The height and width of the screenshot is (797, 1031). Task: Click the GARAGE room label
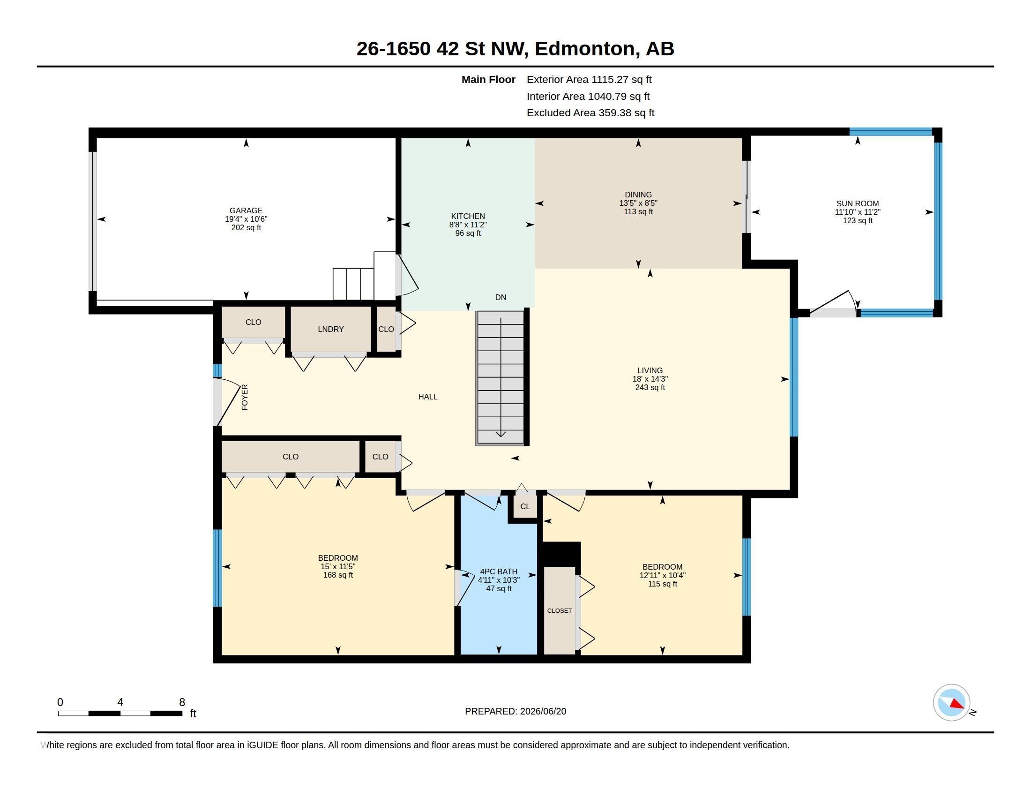(246, 211)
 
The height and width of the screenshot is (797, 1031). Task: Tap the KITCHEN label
(468, 216)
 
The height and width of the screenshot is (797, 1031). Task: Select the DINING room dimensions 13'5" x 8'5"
(638, 203)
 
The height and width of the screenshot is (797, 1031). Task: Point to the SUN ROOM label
(857, 203)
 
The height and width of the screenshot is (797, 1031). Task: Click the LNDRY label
(330, 329)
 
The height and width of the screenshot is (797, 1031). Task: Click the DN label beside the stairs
(501, 297)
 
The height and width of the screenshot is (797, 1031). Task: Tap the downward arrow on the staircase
(501, 377)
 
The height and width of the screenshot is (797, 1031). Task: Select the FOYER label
(245, 398)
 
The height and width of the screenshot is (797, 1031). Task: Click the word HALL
(428, 397)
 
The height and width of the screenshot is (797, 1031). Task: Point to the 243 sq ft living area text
(650, 388)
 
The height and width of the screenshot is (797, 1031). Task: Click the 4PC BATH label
(499, 571)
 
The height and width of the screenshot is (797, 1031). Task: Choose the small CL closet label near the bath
(525, 507)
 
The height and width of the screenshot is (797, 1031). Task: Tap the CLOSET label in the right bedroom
(560, 610)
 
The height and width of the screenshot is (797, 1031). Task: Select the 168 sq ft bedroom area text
(338, 575)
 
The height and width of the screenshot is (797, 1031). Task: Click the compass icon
(951, 703)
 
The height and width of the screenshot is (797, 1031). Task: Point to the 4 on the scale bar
(120, 702)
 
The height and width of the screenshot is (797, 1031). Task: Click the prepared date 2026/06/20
(543, 711)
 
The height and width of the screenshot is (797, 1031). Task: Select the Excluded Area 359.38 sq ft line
(590, 113)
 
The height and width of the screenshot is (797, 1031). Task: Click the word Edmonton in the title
(584, 49)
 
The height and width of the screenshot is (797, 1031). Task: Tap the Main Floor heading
(488, 80)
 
